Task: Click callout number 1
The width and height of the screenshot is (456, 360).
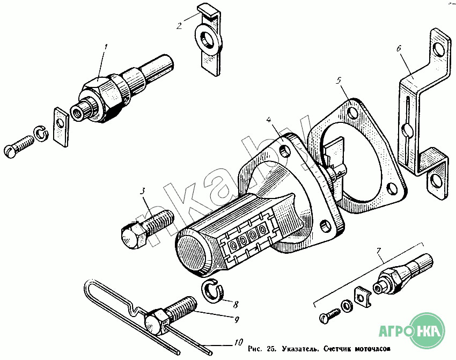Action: pyautogui.click(x=106, y=47)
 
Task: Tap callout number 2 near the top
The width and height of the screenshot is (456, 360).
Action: pyautogui.click(x=179, y=26)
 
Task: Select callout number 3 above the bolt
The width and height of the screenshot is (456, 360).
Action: pyautogui.click(x=142, y=191)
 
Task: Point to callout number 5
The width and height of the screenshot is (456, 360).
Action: pyautogui.click(x=338, y=80)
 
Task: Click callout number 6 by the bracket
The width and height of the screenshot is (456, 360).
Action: pyautogui.click(x=399, y=49)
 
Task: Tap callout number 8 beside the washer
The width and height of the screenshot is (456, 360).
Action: pyautogui.click(x=236, y=304)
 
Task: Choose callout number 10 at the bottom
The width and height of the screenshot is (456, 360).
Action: pyautogui.click(x=238, y=343)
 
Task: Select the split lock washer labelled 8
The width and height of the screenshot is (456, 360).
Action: pyautogui.click(x=212, y=291)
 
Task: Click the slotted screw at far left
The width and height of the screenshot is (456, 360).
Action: pyautogui.click(x=19, y=146)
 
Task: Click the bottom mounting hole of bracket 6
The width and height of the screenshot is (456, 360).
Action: pyautogui.click(x=436, y=181)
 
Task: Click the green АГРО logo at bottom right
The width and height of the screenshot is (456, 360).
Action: pyautogui.click(x=411, y=331)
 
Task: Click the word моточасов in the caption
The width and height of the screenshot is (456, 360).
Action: pyautogui.click(x=372, y=349)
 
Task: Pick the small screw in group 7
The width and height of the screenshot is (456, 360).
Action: pyautogui.click(x=329, y=316)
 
